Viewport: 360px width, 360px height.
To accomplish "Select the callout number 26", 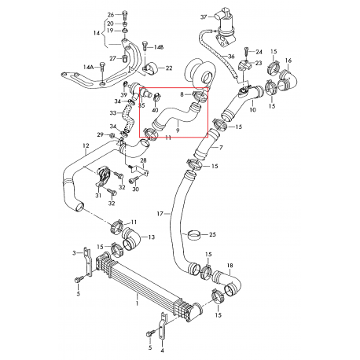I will tap(111, 15).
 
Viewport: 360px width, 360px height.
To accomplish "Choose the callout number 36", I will tap(231, 56).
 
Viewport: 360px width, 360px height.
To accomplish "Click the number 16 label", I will tap(288, 60).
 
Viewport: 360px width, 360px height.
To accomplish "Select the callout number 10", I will tap(252, 111).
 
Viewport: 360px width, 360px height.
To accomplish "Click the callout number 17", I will tap(160, 213).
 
